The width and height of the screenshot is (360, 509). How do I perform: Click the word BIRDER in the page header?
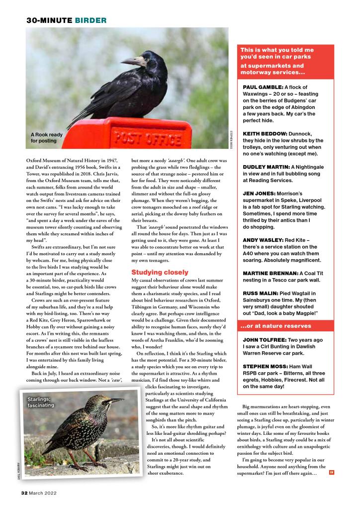click(x=90, y=20)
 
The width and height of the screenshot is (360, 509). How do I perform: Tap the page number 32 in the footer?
click(x=23, y=493)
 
